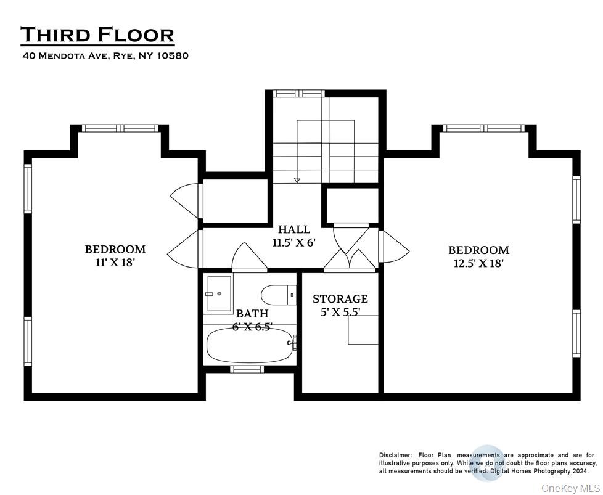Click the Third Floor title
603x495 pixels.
97,35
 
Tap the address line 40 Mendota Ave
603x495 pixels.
105,55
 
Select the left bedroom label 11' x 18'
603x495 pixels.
115,255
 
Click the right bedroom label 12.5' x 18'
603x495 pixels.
478,256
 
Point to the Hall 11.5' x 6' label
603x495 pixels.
293,236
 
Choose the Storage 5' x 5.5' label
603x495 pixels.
340,305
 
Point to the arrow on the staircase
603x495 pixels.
297,179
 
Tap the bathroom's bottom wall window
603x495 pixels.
247,369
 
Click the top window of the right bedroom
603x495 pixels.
484,128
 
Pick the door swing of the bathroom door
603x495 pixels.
248,256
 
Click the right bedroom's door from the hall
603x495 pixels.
395,247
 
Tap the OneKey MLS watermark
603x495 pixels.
570,488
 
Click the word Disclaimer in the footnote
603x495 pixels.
395,455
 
